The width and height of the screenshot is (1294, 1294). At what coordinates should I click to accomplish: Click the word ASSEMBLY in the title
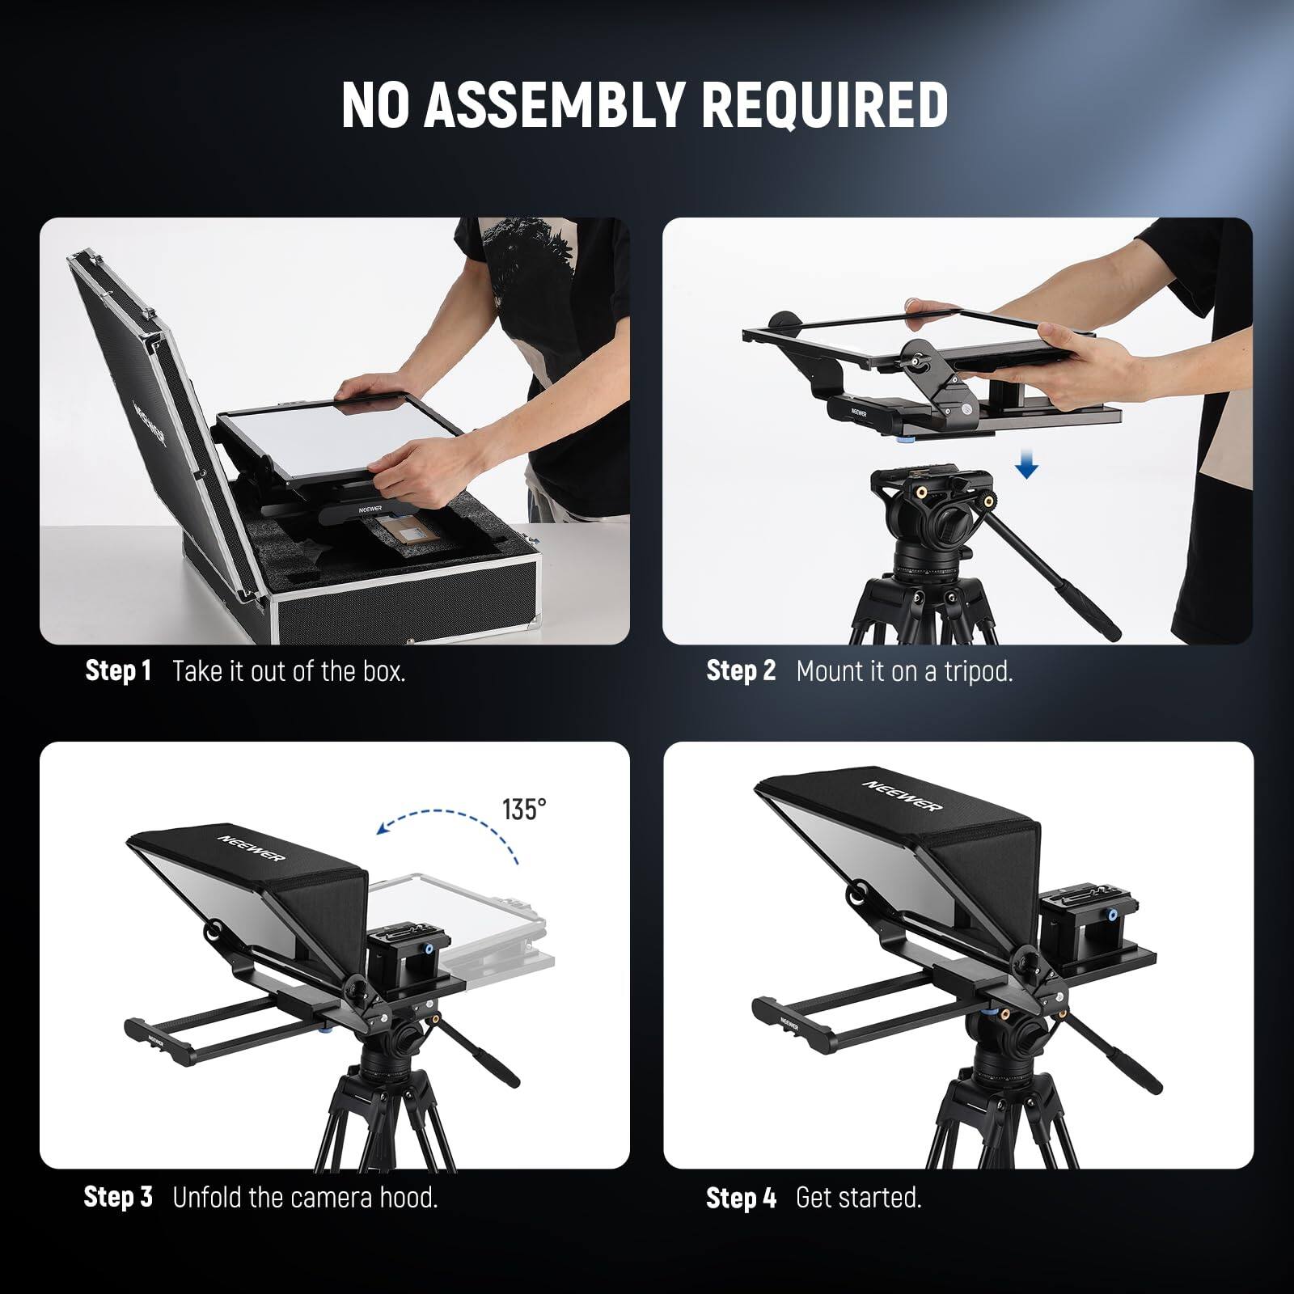[556, 104]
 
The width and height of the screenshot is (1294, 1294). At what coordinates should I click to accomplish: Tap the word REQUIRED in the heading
[826, 104]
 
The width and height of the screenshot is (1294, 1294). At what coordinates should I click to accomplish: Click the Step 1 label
[118, 671]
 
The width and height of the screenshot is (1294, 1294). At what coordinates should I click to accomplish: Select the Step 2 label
[741, 671]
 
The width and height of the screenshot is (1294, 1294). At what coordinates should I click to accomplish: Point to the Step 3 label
[118, 1197]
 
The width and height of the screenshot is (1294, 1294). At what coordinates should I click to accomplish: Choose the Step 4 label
[741, 1197]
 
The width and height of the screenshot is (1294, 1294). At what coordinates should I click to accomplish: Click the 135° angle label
[524, 809]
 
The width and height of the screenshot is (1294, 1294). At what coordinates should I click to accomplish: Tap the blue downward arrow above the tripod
[1026, 465]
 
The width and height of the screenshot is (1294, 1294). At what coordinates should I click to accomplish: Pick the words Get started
[859, 1197]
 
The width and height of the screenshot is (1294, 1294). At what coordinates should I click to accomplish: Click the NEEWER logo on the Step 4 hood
[903, 795]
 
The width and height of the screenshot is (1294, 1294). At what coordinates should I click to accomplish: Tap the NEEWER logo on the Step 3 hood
[252, 843]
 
